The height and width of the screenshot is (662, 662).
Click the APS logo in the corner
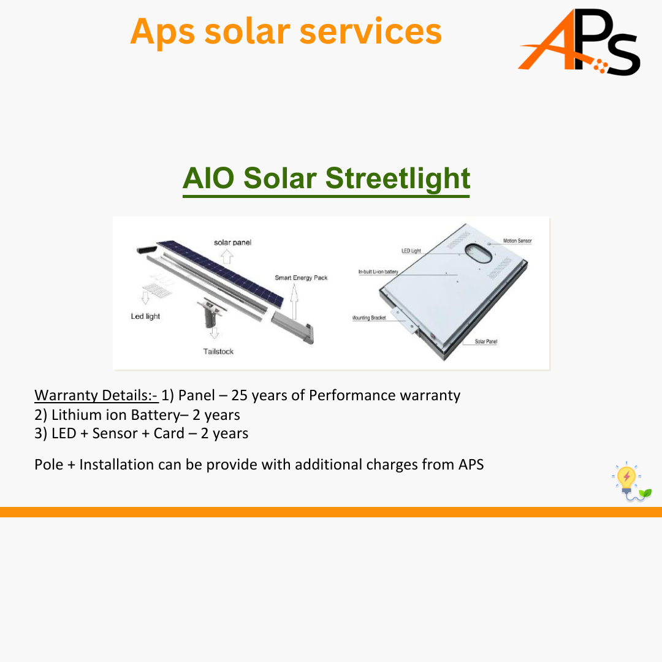point(579,42)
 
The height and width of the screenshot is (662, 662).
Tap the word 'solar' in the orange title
point(248,31)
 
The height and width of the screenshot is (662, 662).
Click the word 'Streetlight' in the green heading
point(398,178)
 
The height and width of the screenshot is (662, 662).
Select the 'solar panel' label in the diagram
point(233,242)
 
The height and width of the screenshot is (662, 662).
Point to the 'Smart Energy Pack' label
point(301,278)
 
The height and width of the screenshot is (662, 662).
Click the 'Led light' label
point(145,316)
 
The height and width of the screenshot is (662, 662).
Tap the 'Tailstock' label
point(218,351)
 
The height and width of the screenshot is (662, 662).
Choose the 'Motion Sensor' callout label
point(517,241)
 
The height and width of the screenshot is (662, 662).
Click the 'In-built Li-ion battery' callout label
point(378,272)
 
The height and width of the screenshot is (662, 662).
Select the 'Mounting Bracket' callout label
point(369,318)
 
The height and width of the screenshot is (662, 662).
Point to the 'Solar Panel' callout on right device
point(486,341)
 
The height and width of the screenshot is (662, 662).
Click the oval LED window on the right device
point(479,253)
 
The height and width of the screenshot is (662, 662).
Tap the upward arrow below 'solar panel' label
point(227,256)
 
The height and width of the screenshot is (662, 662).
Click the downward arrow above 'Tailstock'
point(215,333)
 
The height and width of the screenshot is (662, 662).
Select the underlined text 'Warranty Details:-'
point(96,395)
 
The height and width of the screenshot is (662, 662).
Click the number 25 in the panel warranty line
point(240,395)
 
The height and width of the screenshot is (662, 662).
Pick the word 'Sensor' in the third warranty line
point(115,433)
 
